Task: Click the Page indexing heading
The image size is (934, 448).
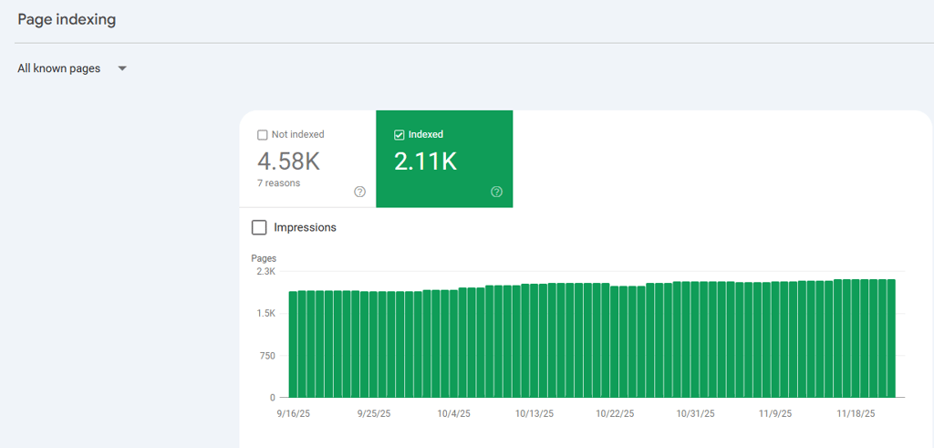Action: (x=67, y=19)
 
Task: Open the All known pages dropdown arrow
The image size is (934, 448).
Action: (x=122, y=68)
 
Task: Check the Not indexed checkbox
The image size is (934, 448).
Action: (x=263, y=135)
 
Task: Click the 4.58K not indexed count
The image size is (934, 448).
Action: (x=288, y=161)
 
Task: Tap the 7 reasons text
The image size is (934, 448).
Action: (x=278, y=182)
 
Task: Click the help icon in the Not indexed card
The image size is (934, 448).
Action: (x=359, y=192)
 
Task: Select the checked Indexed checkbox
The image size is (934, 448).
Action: (x=399, y=135)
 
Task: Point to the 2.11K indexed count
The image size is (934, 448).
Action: (x=425, y=161)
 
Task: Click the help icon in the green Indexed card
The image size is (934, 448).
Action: (x=496, y=192)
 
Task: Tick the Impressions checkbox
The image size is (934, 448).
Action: (x=259, y=227)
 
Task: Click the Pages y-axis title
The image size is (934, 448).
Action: (x=264, y=258)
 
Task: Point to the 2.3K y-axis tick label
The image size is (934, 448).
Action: (x=265, y=271)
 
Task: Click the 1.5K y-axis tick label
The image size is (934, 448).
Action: (x=265, y=313)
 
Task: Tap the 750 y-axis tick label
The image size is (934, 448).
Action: (x=266, y=355)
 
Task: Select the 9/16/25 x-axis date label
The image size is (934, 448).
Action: (x=294, y=413)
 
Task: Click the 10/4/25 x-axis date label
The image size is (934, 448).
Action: (x=453, y=413)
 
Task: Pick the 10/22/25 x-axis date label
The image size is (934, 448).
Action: (x=616, y=413)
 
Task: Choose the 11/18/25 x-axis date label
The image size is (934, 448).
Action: (x=856, y=413)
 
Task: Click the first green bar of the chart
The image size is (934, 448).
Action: (x=293, y=344)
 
